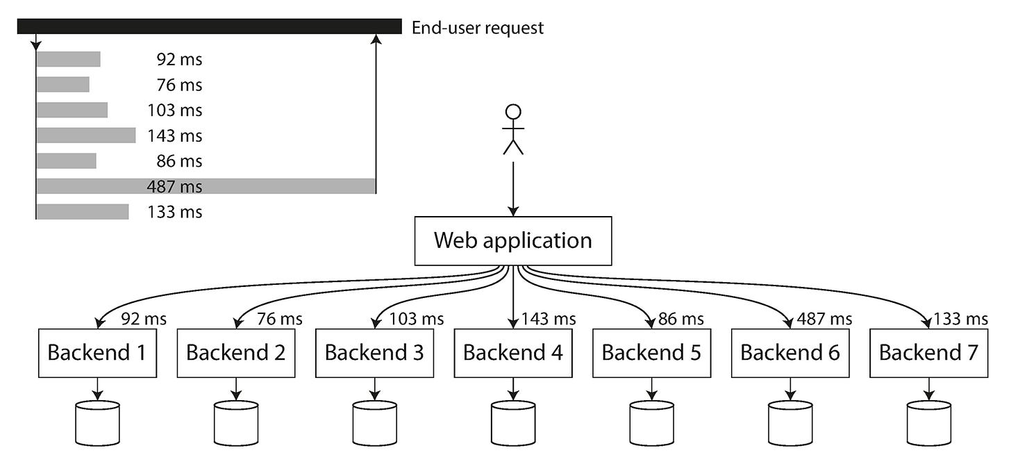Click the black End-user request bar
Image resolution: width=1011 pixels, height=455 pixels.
[209, 26]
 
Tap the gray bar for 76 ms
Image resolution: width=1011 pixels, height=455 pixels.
[62, 85]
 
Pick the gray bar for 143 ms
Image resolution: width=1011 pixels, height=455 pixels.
[85, 135]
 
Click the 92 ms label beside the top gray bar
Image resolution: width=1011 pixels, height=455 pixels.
[179, 60]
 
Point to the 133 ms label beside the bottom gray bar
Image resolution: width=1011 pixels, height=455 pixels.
[174, 212]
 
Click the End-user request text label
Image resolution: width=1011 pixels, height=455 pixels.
[478, 28]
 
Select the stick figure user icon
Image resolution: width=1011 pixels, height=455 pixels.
[513, 129]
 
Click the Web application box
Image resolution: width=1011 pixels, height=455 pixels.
[513, 241]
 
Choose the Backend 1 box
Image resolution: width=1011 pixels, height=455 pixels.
[97, 353]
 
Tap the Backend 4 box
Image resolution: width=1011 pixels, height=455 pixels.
[513, 353]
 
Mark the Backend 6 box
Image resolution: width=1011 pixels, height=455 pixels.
[790, 353]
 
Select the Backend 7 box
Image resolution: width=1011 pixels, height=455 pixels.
[928, 353]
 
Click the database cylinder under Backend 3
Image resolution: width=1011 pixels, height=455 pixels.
[374, 423]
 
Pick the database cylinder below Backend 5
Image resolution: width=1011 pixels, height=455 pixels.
[651, 423]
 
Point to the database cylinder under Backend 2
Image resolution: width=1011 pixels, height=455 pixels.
[236, 423]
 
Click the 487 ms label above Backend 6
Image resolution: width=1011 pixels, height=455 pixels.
[825, 319]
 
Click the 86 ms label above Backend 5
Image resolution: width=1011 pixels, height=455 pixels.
[681, 319]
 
